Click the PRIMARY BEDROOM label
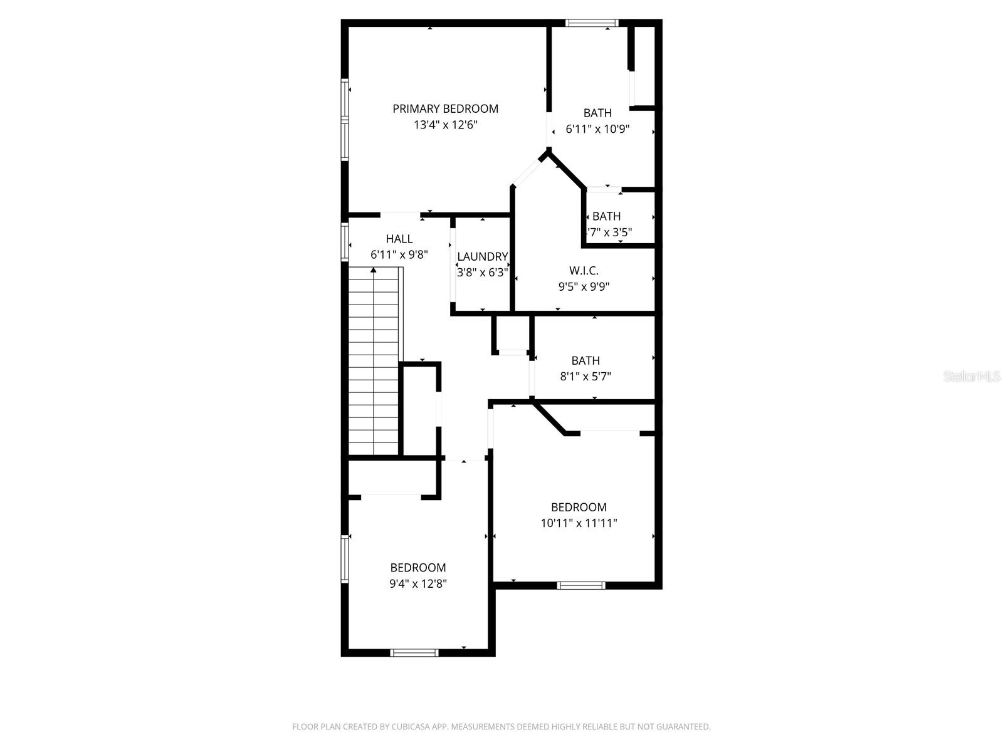(445, 109)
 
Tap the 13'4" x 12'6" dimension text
(445, 125)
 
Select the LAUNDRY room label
(482, 256)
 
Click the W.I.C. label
(584, 271)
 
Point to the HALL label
(399, 239)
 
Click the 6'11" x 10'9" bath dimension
(597, 129)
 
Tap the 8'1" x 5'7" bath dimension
(585, 377)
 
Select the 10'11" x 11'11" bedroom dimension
(579, 523)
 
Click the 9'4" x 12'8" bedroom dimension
(418, 583)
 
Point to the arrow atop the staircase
(374, 270)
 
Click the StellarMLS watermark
(972, 377)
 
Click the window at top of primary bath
(592, 24)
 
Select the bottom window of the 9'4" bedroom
(414, 652)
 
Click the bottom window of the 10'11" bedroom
(581, 585)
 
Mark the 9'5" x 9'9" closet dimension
(584, 287)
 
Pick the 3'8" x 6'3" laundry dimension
(482, 273)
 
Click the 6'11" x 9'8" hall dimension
(399, 255)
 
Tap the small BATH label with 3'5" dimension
(606, 216)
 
